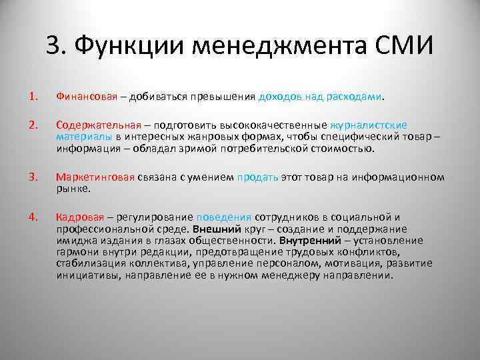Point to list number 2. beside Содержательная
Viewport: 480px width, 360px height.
coord(33,125)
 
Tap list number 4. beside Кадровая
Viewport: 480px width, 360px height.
coord(33,217)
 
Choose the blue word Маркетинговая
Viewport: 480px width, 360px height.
coord(96,177)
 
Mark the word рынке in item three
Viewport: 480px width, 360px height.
coord(73,188)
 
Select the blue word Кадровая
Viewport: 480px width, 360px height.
coord(80,217)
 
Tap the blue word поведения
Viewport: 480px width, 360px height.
coord(224,217)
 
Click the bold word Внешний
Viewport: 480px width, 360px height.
coord(215,229)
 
